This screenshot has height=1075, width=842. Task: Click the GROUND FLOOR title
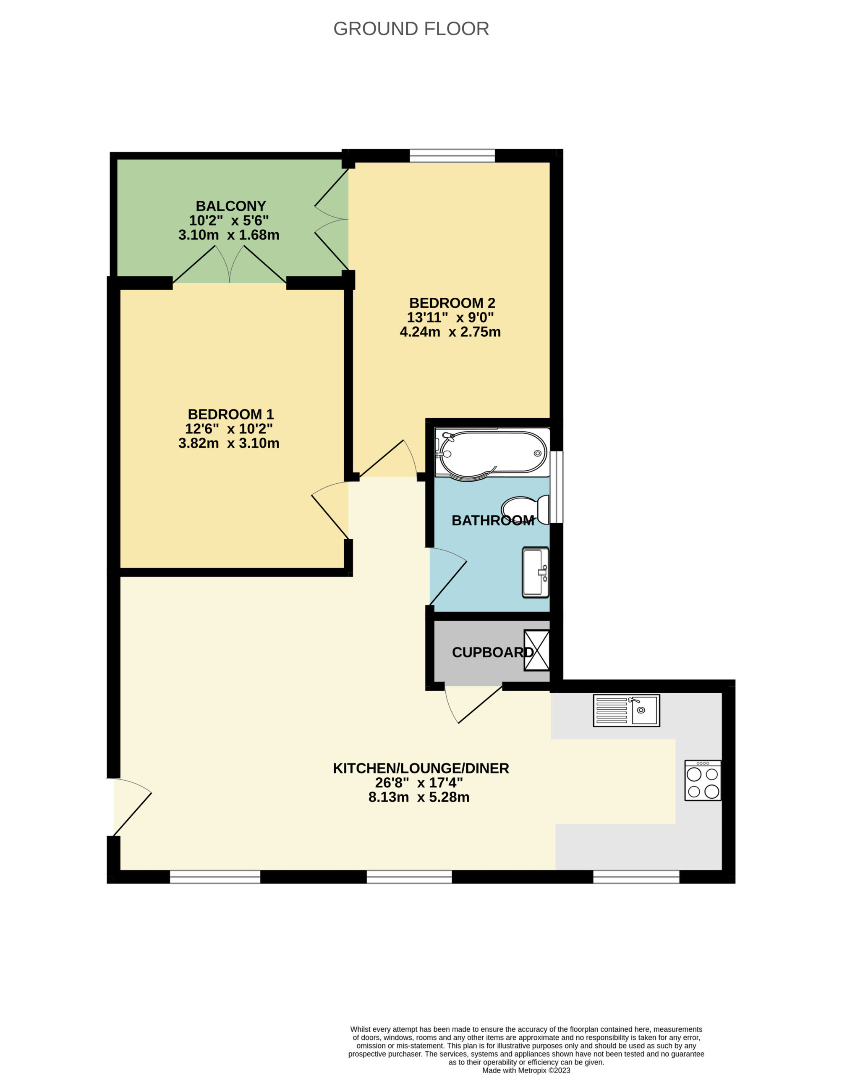coord(411,29)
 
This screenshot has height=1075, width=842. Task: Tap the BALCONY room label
coord(231,206)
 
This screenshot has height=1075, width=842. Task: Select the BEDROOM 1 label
coord(231,414)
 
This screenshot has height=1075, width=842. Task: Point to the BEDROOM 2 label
coord(452,303)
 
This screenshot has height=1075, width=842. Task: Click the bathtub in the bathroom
coord(492,452)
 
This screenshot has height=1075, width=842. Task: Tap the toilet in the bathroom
coord(526,509)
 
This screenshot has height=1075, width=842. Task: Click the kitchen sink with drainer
coord(627,711)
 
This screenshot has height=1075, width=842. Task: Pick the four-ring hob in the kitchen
coord(703,780)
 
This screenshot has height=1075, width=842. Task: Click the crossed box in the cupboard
coord(537,650)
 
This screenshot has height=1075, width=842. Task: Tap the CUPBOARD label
coord(493,653)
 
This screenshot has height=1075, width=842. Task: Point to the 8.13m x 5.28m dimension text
coord(419,797)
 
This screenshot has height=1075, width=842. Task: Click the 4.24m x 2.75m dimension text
coord(450,332)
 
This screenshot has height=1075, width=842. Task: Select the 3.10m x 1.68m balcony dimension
coord(229,235)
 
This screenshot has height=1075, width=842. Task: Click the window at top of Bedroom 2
coord(452,155)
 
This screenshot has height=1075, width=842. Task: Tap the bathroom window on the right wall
coord(557,487)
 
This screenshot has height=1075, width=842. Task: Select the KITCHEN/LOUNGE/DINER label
coord(421,768)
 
